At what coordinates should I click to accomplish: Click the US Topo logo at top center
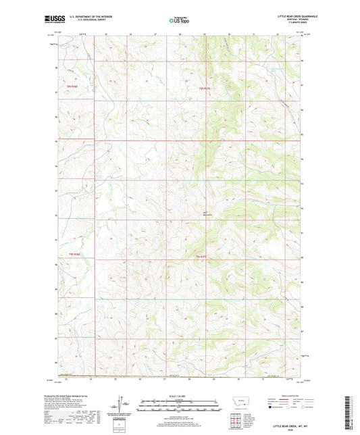point(178,20)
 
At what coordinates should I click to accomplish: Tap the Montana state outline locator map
point(240,402)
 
